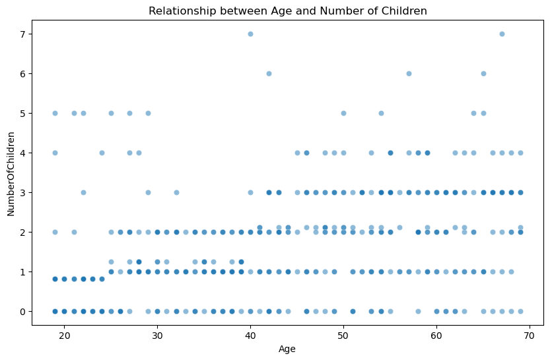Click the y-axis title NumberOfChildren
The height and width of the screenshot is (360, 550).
pos(11,173)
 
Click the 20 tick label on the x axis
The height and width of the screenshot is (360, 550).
pos(64,336)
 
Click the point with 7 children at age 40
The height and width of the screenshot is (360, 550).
pos(250,34)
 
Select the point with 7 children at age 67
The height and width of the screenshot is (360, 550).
pos(502,34)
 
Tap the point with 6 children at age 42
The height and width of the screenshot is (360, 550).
pos(269,73)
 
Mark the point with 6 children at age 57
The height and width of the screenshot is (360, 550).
pos(409,73)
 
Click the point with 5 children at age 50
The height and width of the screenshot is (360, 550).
pos(343,113)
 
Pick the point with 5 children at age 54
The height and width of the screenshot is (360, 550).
pos(381,113)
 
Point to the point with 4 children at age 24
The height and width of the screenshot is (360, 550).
pos(102,153)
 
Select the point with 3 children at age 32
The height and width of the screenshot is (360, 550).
pos(176,192)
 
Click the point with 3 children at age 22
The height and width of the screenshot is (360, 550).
pos(83,192)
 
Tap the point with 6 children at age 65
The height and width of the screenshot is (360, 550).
pos(483,73)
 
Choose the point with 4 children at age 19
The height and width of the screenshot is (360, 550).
pos(55,153)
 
